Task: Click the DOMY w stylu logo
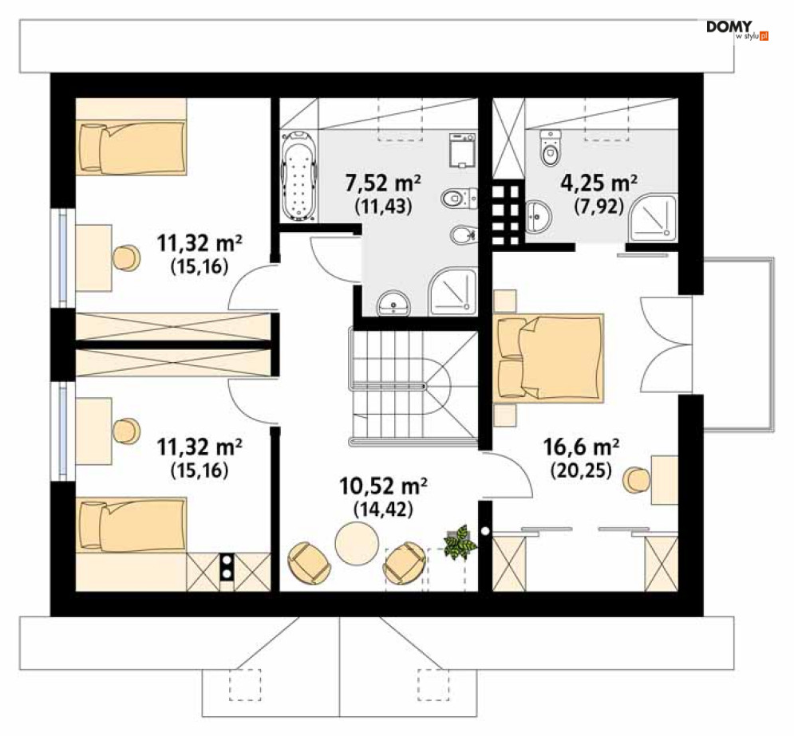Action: coord(737,30)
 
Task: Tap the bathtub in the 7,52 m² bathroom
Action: coord(298,176)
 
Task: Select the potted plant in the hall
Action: coord(460,541)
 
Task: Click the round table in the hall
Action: coord(357,543)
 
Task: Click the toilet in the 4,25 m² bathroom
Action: coord(551,148)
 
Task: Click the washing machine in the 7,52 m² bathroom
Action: coord(462,151)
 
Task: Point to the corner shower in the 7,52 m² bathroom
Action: coord(453,293)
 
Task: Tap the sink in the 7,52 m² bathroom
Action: coord(393,303)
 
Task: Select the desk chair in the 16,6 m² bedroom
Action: coord(636,479)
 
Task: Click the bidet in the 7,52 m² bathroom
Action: coord(463,234)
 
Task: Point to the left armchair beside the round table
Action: coord(309,563)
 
